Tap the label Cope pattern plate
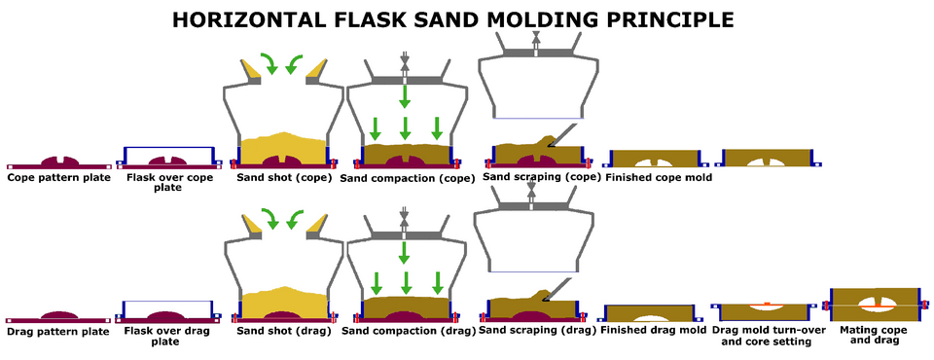pos(59,178)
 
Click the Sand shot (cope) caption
pos(284,178)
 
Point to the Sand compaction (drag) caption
pos(408,331)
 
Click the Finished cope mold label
pos(659,178)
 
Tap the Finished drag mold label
pos(654,330)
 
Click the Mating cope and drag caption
pos(874,335)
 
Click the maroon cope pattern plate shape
pos(59,162)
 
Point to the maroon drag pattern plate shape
pos(58,317)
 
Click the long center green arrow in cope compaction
pos(405,96)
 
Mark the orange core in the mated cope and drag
pos(875,306)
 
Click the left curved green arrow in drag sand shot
pos(270,218)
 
